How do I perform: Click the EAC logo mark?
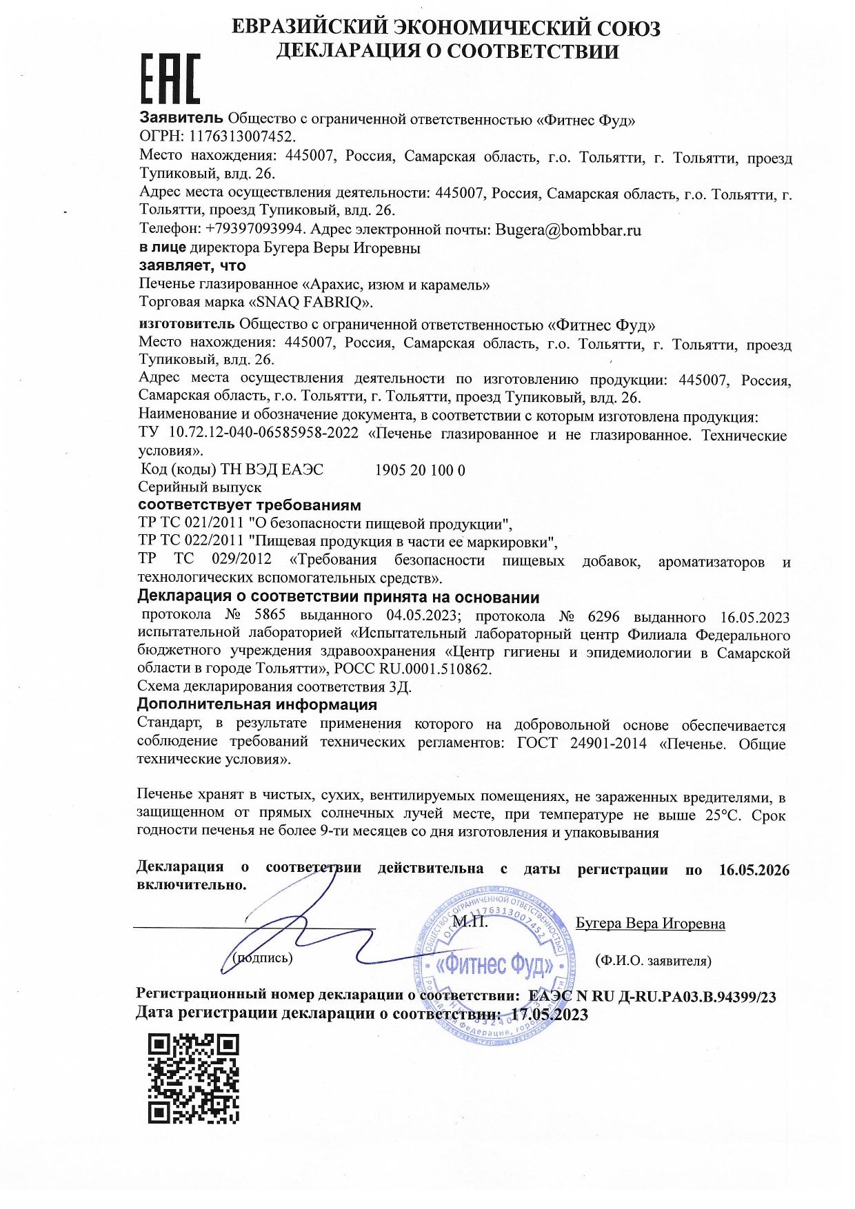(x=170, y=79)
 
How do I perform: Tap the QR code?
(x=194, y=1078)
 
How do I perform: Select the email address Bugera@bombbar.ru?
(x=568, y=230)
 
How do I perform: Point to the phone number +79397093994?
(x=254, y=230)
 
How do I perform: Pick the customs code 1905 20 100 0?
(x=420, y=470)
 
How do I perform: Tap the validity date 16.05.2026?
(x=754, y=869)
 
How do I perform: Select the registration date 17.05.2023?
(x=550, y=1014)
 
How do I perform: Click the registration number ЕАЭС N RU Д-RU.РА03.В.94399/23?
(x=652, y=996)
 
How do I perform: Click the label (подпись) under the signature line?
(x=263, y=957)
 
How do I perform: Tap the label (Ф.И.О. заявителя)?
(x=653, y=960)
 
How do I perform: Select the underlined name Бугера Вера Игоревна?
(x=650, y=924)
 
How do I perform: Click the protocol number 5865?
(x=270, y=616)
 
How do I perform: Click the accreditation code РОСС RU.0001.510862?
(x=413, y=669)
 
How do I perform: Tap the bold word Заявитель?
(x=181, y=118)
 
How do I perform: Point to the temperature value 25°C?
(x=721, y=815)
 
